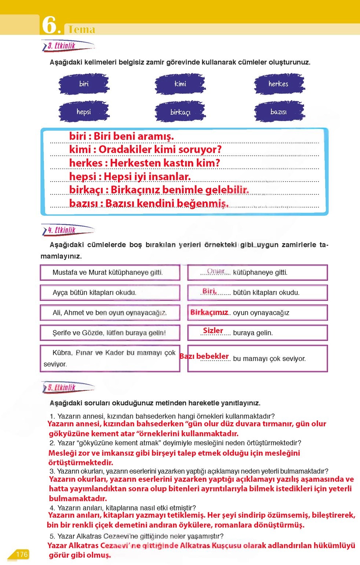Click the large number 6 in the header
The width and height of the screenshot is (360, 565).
[49, 25]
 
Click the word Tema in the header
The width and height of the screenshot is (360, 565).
[81, 29]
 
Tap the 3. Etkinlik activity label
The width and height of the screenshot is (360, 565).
[62, 46]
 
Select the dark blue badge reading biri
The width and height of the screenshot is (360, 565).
[84, 84]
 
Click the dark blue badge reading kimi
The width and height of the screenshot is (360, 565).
[180, 84]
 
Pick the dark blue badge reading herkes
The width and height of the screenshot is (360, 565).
[278, 84]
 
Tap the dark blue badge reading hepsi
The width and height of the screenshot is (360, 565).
[84, 112]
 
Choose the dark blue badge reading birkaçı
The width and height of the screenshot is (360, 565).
[180, 112]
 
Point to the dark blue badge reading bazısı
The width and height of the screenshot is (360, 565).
[278, 112]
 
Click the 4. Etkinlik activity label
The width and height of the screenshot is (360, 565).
[62, 230]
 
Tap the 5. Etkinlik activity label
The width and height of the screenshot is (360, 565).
[62, 387]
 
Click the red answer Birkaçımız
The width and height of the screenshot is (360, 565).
[209, 312]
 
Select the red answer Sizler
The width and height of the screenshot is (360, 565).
[213, 330]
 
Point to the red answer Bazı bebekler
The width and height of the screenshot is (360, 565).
[204, 356]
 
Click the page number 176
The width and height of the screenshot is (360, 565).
[22, 554]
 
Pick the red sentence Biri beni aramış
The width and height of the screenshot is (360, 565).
[134, 136]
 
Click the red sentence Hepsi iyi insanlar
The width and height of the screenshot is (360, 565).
[147, 176]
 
